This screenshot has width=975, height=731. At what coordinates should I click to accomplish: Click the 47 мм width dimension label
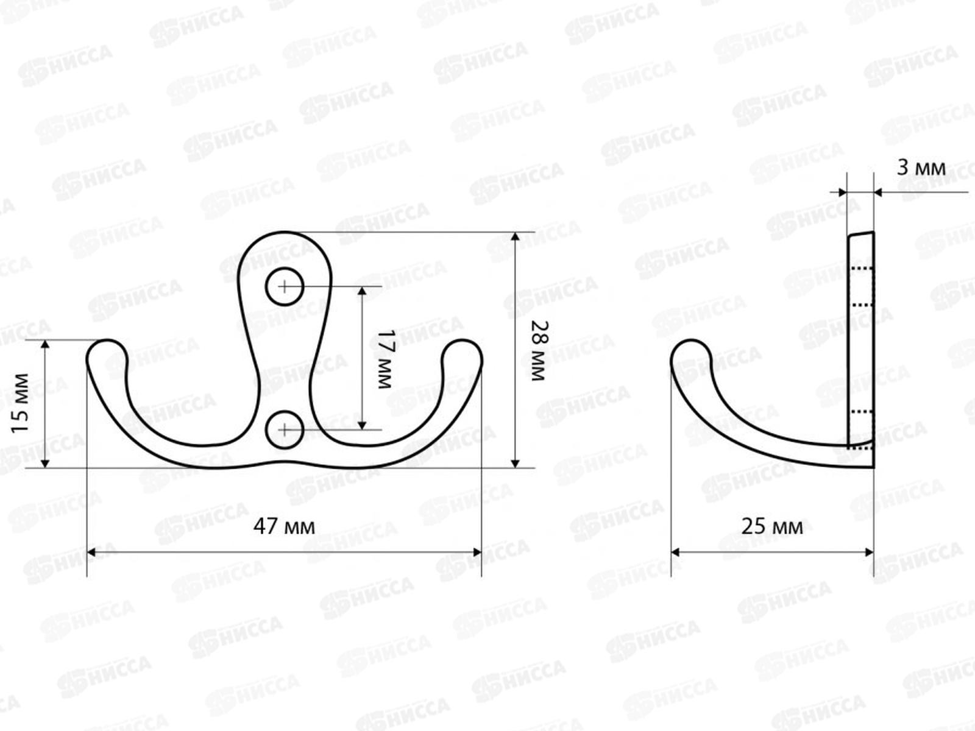[285, 527]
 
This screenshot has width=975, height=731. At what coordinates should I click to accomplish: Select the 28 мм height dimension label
[540, 351]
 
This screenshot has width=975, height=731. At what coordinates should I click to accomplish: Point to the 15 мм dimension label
[21, 403]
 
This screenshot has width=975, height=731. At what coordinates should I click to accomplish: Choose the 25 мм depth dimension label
[772, 527]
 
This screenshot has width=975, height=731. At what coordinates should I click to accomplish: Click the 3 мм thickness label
[921, 168]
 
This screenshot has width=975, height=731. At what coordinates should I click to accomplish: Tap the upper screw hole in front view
[285, 287]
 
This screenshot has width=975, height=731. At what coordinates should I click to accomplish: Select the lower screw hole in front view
[285, 429]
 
